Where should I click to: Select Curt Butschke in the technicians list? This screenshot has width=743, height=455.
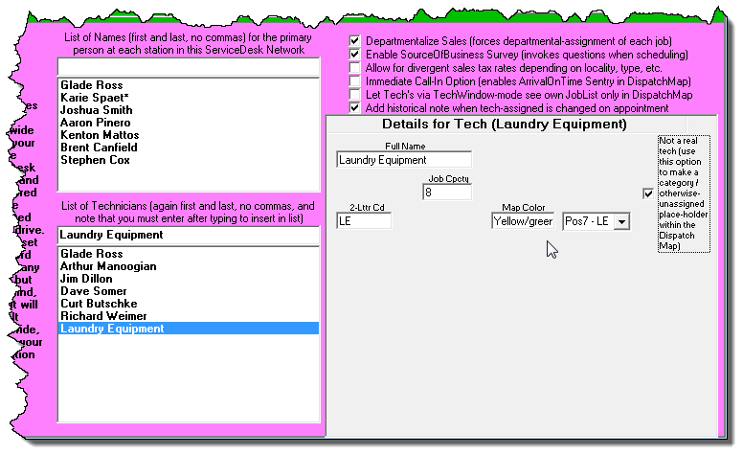click(98, 304)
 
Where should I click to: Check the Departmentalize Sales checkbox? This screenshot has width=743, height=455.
click(355, 41)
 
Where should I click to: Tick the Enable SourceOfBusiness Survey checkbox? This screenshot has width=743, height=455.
click(355, 55)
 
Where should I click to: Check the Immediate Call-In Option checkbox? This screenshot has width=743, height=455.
click(355, 82)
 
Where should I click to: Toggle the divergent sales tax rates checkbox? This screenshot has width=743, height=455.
click(355, 69)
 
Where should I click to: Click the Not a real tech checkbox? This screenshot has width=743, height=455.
click(648, 193)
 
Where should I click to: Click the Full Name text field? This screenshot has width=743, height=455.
click(404, 160)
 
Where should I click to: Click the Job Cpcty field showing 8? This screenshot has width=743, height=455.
click(446, 192)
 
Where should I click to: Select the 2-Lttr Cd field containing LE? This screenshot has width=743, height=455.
click(364, 221)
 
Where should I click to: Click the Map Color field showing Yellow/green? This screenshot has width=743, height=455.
click(523, 221)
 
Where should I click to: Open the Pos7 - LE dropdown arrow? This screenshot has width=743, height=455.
click(621, 222)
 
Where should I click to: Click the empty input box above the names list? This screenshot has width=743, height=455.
click(188, 66)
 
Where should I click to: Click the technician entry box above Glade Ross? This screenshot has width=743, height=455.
click(188, 235)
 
